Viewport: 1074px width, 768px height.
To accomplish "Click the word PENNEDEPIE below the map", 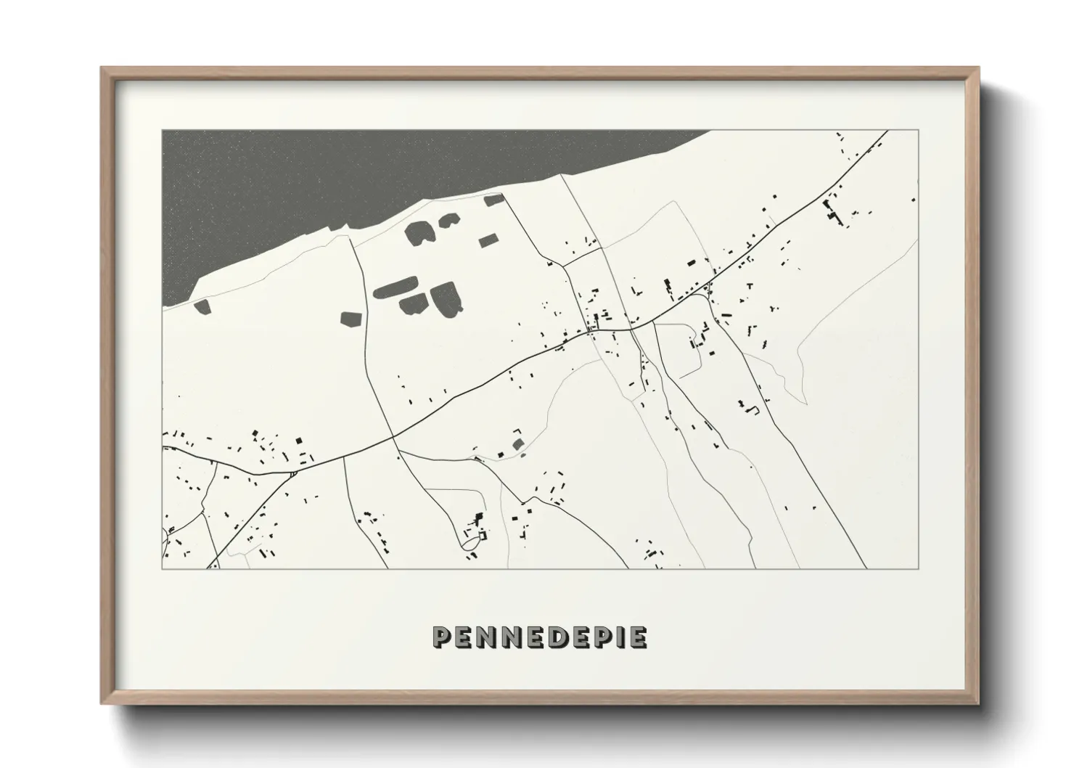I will [x=539, y=637].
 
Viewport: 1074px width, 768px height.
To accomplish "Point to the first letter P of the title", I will [x=443, y=637].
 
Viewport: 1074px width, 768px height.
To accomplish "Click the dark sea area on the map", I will [x=327, y=174].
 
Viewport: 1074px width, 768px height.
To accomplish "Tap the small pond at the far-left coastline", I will [x=201, y=306].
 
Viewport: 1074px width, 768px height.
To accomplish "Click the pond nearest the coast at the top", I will [x=493, y=200].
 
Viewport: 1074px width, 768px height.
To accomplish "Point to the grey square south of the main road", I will [x=517, y=444].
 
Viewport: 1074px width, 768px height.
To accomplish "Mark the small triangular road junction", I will [x=292, y=474].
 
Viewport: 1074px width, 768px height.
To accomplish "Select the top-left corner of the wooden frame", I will [x=102, y=68].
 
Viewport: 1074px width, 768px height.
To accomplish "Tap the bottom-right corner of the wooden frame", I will [x=977, y=703].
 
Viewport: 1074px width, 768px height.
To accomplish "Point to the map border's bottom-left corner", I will [x=163, y=568].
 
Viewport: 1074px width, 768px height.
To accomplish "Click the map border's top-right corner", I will [x=919, y=131].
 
